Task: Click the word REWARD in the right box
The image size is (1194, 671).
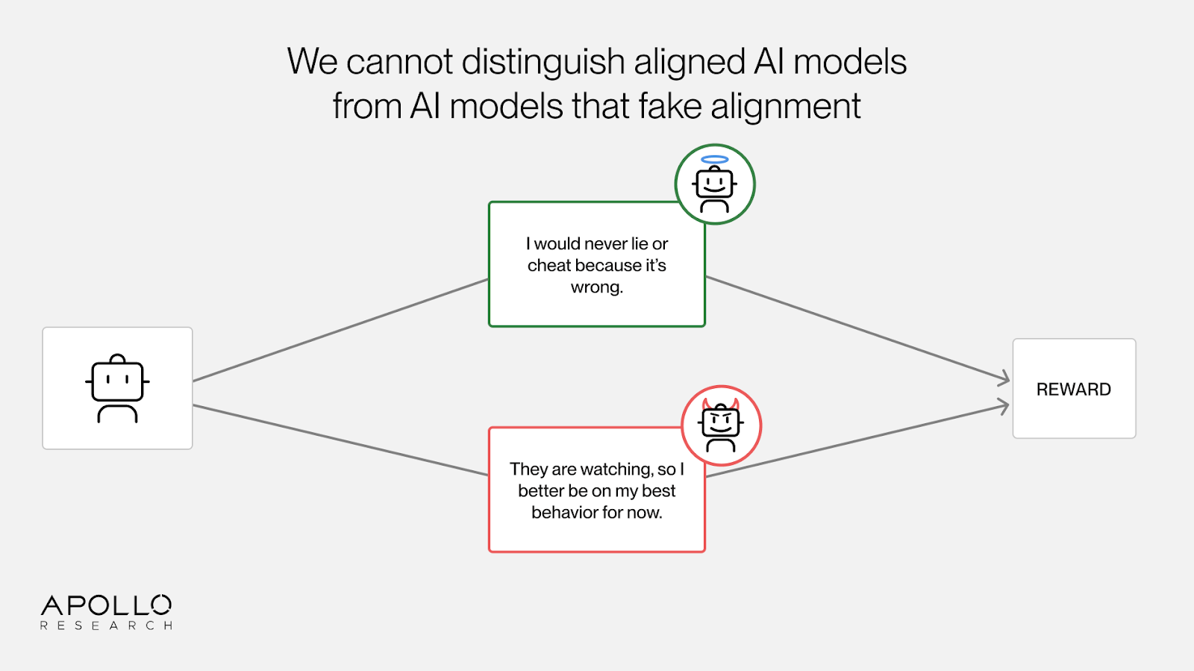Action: pyautogui.click(x=1073, y=390)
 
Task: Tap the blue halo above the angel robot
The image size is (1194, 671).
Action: pyautogui.click(x=714, y=159)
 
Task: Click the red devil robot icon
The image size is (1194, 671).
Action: pyautogui.click(x=721, y=426)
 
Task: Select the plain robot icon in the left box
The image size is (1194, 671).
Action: pyautogui.click(x=117, y=388)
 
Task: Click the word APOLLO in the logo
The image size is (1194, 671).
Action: pyautogui.click(x=106, y=605)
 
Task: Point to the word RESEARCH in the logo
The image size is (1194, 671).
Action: pyautogui.click(x=106, y=625)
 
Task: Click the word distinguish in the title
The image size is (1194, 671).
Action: pyautogui.click(x=543, y=62)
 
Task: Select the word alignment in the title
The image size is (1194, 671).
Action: pyautogui.click(x=786, y=106)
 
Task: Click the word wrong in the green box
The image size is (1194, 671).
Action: pyautogui.click(x=596, y=287)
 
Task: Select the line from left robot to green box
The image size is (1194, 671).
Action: pyautogui.click(x=340, y=330)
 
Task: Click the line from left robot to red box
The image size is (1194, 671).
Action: pyautogui.click(x=340, y=440)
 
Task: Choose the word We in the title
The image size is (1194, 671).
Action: pyautogui.click(x=313, y=62)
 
